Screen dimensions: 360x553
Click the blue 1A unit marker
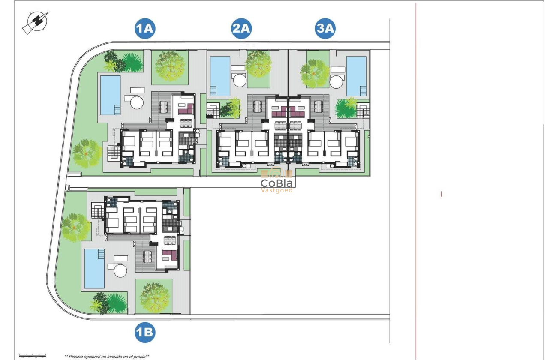coord(145,29)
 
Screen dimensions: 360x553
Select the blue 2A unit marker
coord(241,29)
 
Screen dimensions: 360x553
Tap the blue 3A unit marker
coord(325,29)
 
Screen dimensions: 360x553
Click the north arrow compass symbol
coord(36,22)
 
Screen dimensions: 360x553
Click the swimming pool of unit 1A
coord(110,95)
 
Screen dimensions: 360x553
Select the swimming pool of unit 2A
coord(220,76)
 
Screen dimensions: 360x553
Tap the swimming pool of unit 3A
coord(356,76)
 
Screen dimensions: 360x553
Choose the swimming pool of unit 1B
coord(94,268)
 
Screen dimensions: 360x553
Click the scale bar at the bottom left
coord(33,355)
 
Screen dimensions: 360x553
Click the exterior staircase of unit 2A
coord(211,111)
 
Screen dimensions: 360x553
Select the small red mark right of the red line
coord(441,194)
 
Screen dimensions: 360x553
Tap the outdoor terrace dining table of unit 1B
coord(148,257)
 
